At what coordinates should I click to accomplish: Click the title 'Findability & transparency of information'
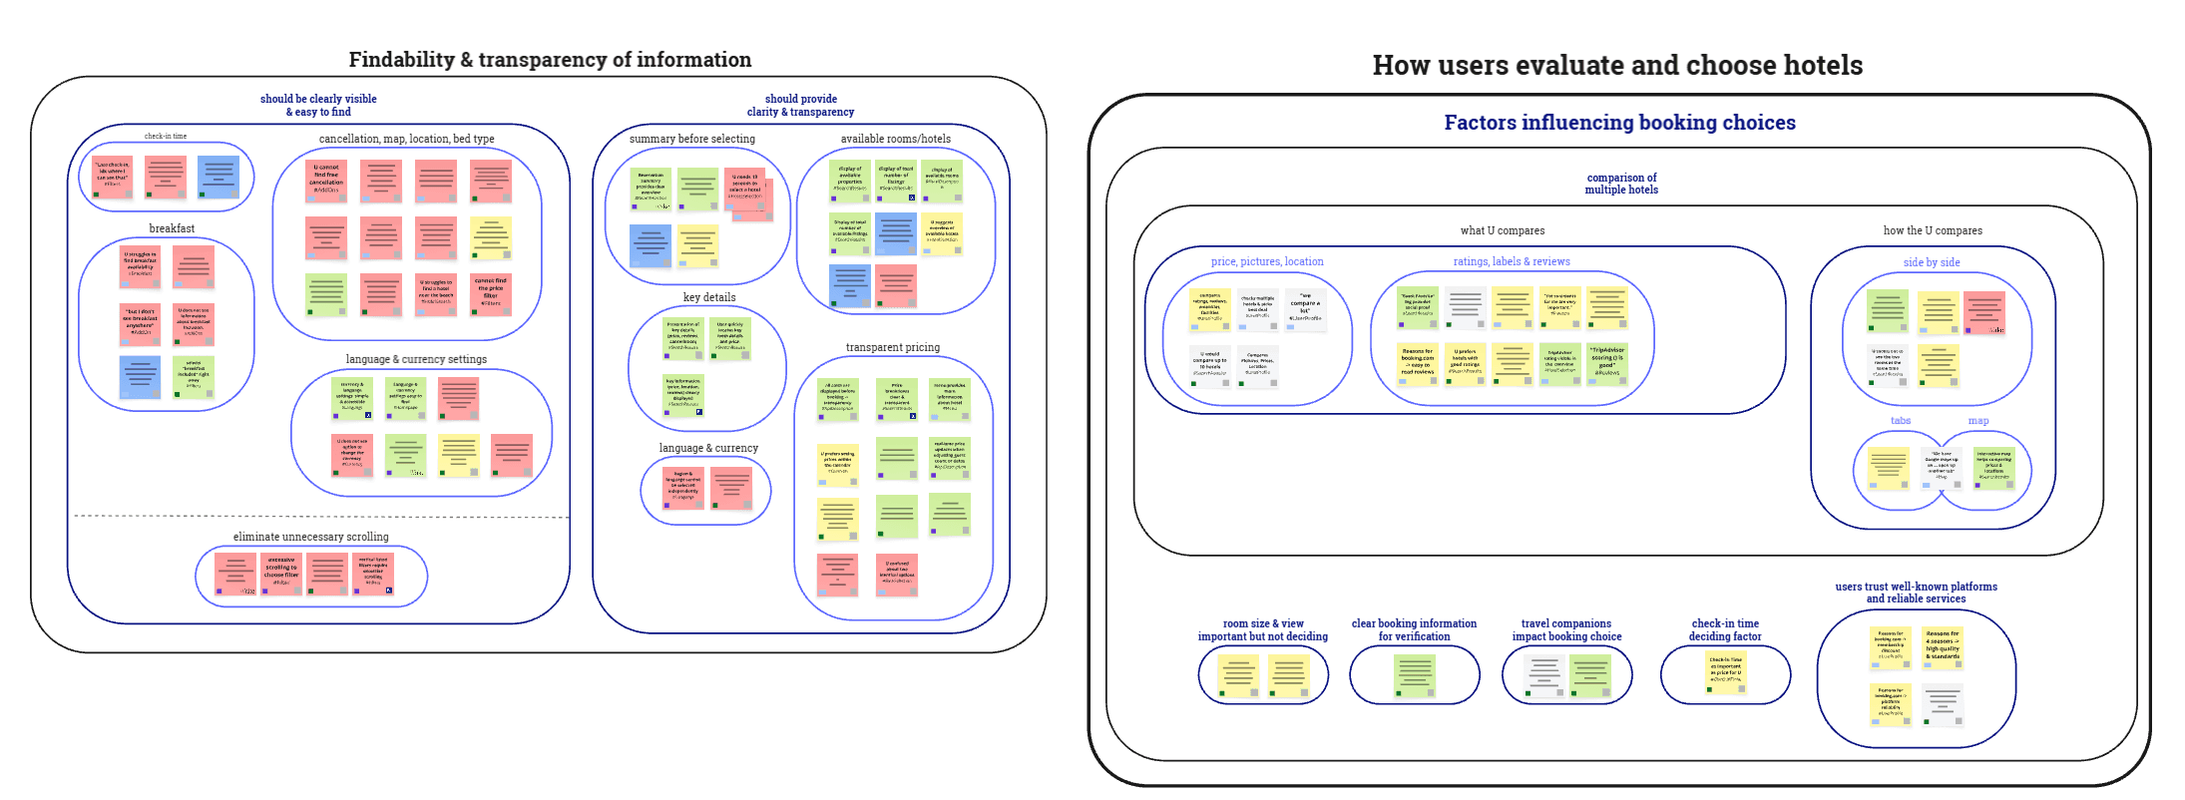(x=550, y=60)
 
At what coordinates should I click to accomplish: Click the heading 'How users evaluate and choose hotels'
(x=1617, y=66)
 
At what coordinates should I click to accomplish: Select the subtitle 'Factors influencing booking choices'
(x=1619, y=123)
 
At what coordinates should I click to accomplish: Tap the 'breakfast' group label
(x=172, y=228)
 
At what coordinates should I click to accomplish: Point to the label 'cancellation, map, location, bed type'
(x=406, y=139)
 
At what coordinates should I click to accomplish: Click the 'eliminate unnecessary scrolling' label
(x=310, y=537)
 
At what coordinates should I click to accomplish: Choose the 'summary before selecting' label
(x=691, y=139)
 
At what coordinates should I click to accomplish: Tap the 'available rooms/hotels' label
(x=895, y=139)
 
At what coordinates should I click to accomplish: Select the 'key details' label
(x=709, y=297)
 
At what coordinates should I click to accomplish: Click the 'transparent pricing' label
(x=892, y=347)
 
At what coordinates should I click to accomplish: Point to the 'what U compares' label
(x=1502, y=230)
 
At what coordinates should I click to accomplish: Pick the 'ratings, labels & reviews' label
(x=1511, y=261)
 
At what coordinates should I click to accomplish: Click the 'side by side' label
(x=1931, y=262)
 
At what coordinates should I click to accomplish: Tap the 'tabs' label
(x=1900, y=421)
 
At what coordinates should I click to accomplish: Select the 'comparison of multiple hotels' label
(x=1621, y=184)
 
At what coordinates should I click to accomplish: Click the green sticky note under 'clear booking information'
(x=1415, y=674)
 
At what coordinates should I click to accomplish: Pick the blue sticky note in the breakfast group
(x=140, y=377)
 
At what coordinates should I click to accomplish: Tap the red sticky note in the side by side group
(x=1983, y=311)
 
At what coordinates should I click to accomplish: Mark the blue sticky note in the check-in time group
(x=218, y=177)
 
